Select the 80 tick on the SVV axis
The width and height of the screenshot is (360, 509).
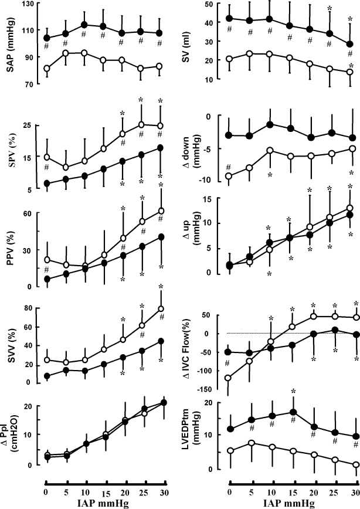click(27, 308)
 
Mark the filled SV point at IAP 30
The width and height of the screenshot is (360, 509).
click(351, 44)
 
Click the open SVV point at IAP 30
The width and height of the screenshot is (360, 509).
click(161, 308)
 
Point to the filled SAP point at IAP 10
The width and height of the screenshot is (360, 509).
click(84, 25)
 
